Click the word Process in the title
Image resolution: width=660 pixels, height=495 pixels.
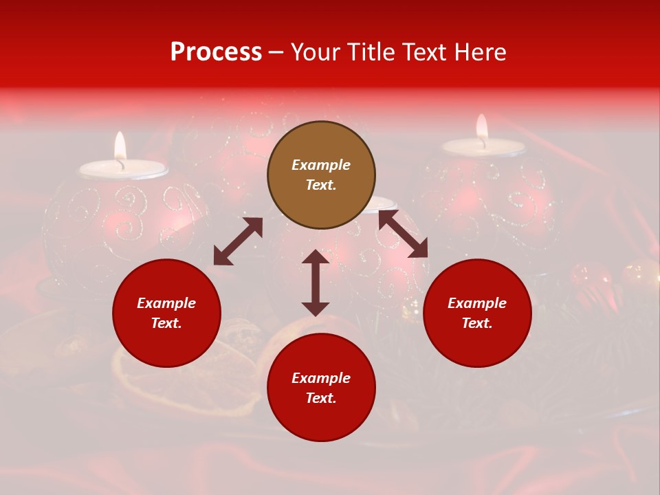[216, 52]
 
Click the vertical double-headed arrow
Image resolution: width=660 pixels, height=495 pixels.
[316, 283]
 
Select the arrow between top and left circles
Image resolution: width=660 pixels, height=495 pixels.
[238, 241]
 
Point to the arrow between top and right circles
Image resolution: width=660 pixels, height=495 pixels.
[403, 234]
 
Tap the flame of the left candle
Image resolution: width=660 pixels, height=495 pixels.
[120, 145]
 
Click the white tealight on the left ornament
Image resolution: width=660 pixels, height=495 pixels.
[124, 168]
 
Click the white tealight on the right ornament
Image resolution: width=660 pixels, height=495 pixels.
[483, 146]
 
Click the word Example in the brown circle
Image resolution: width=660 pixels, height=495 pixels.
[321, 165]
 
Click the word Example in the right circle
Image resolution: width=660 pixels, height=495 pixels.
[477, 303]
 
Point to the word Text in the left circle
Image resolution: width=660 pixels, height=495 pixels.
[166, 323]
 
